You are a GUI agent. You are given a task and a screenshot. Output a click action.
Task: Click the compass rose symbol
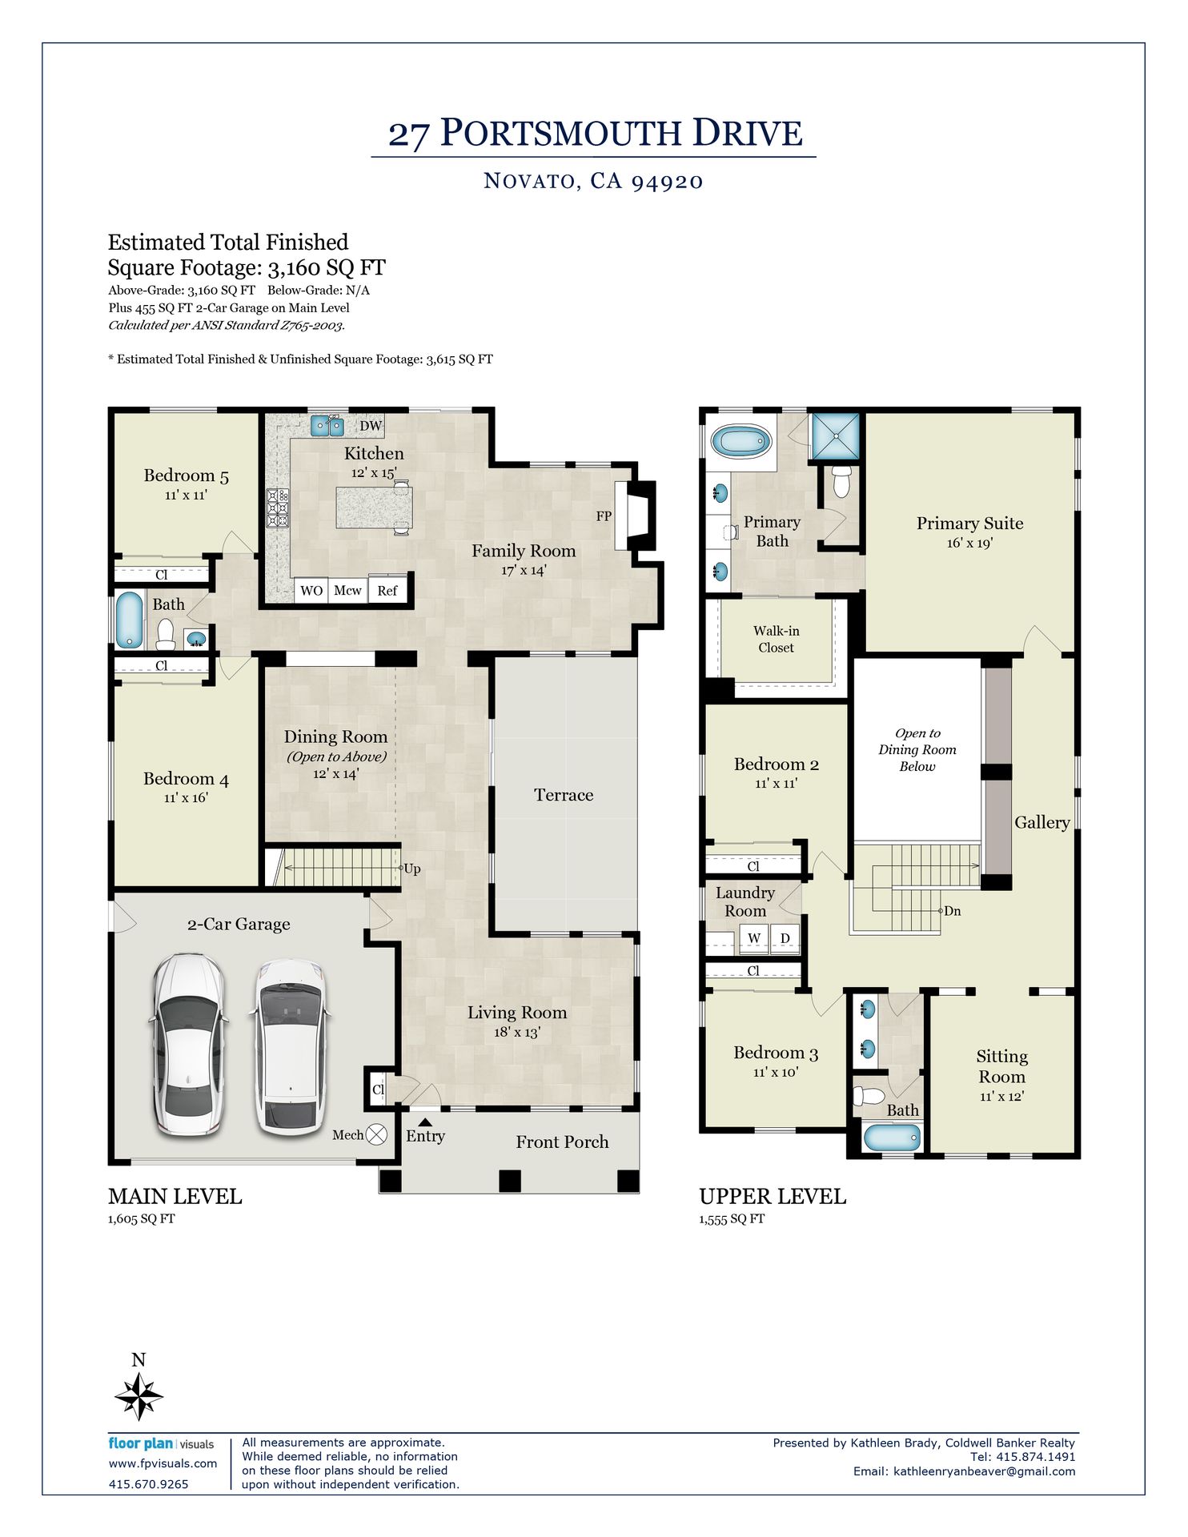(x=139, y=1396)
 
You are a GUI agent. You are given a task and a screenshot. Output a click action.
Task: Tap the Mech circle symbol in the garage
(x=377, y=1134)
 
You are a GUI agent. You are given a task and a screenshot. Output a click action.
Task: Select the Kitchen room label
(x=374, y=453)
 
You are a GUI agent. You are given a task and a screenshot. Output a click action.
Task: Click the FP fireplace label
(x=604, y=516)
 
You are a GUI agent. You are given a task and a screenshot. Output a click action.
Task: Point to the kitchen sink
(x=327, y=425)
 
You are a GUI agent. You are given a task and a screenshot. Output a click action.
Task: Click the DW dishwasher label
(x=371, y=426)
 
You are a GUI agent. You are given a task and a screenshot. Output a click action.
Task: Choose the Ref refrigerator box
(x=387, y=590)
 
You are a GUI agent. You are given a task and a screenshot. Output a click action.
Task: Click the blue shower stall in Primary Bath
(x=836, y=436)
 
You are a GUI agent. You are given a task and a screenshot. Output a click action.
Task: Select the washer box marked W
(x=754, y=938)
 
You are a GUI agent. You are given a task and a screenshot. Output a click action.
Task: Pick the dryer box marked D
(x=785, y=938)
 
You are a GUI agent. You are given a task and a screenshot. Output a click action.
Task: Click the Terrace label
(x=564, y=795)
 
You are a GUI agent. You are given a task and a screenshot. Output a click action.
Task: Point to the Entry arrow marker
(x=425, y=1122)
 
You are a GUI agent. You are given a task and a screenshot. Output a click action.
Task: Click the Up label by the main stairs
(x=412, y=869)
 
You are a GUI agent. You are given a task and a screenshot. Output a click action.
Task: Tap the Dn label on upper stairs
(x=953, y=911)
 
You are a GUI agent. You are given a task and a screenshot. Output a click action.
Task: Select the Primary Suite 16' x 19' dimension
(x=969, y=543)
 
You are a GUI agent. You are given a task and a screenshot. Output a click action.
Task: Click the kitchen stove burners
(x=278, y=508)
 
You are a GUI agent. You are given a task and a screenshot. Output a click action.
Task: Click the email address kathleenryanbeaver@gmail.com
(x=984, y=1471)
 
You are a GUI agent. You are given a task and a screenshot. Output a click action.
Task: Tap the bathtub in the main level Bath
(x=128, y=620)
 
